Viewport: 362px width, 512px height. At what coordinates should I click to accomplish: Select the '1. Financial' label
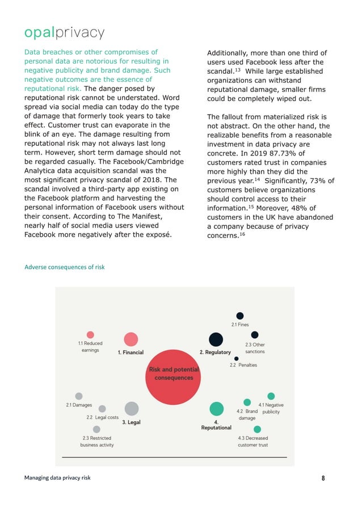tap(131, 352)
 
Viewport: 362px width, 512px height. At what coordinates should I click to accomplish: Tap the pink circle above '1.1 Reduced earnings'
tap(90, 335)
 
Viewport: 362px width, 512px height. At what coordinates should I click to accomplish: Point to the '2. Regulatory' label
tap(215, 352)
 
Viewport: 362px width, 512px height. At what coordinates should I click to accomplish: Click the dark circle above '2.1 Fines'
tap(240, 316)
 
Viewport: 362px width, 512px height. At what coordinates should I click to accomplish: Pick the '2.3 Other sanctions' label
tap(255, 348)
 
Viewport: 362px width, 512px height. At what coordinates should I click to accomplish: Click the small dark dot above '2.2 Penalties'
tap(237, 358)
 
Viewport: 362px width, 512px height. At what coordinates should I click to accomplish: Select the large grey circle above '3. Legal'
tap(131, 408)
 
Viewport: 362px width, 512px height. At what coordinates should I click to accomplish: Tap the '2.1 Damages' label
tap(79, 405)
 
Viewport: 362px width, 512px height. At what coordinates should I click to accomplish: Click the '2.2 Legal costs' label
tap(102, 418)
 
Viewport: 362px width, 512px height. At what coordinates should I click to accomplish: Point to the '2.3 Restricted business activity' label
tap(96, 442)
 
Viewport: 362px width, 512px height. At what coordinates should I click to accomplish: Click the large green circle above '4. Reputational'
tap(216, 409)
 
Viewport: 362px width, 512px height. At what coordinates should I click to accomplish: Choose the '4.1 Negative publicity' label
tap(271, 408)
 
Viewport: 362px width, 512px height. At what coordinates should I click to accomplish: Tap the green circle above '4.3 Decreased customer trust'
tap(257, 430)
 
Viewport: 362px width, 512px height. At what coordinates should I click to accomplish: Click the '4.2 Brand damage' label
tap(247, 414)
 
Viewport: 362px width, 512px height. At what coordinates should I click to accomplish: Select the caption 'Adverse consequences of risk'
tap(64, 267)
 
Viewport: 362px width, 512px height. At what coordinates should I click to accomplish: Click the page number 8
tap(323, 478)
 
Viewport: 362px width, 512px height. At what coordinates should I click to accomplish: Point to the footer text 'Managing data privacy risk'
tap(57, 478)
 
